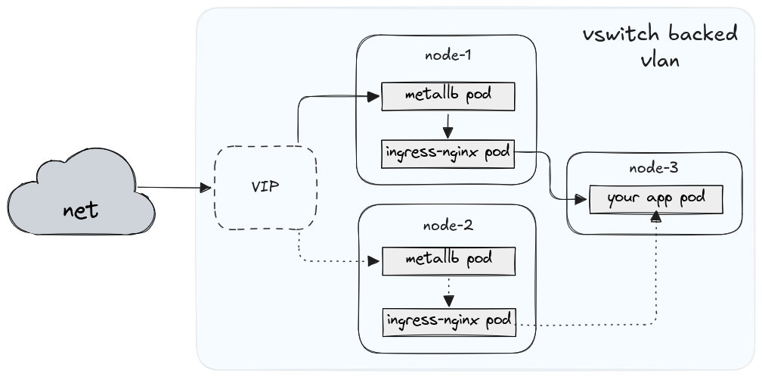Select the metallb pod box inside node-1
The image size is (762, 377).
tap(448, 96)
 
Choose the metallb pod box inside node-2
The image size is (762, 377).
tap(448, 260)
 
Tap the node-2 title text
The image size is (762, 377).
tap(448, 225)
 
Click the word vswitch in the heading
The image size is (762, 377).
tap(613, 36)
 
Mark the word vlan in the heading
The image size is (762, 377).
tap(657, 61)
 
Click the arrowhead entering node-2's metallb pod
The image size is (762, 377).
tap(372, 260)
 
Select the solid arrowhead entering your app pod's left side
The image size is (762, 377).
tap(581, 200)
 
